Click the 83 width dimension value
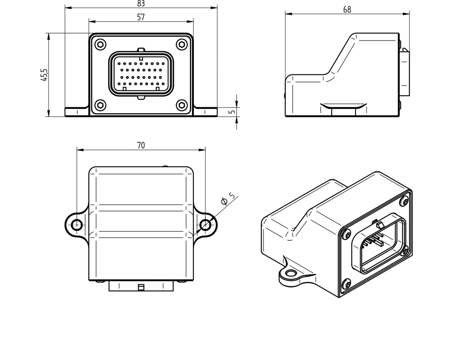pos(141,3)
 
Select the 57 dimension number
pos(141,17)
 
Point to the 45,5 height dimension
pos(44,75)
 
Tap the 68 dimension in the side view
pos(347,10)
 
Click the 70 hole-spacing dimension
pos(141,145)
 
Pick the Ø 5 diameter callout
pos(228,198)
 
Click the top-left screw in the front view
pos(100,44)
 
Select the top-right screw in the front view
pos(182,44)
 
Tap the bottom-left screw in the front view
pos(100,105)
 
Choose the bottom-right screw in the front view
pos(182,105)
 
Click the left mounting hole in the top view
pos(77,225)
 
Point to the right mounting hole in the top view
pos(205,225)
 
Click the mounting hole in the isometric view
pos(291,273)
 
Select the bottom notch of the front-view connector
pos(141,98)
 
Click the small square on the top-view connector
pos(141,287)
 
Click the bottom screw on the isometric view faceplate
pos(346,284)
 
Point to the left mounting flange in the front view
pos(77,112)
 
